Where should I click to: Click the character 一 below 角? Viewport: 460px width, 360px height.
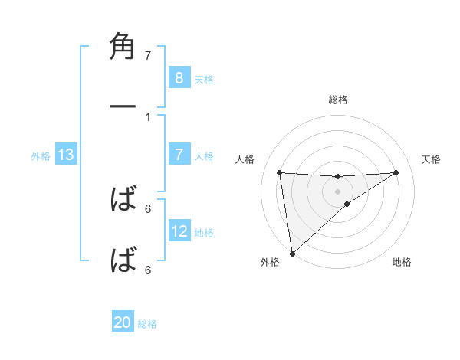[x=123, y=107]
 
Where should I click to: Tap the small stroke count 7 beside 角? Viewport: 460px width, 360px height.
[x=148, y=56]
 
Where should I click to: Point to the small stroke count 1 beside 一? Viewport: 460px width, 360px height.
[x=148, y=117]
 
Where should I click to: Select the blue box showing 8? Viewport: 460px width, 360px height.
[x=179, y=77]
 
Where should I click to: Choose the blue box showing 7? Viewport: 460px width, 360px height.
[x=179, y=155]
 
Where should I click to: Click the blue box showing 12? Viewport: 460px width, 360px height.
[x=179, y=232]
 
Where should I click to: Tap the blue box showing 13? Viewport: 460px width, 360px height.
[x=66, y=155]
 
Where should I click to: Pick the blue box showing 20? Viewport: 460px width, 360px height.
[x=123, y=323]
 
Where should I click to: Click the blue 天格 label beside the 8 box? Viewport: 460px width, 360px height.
[x=204, y=79]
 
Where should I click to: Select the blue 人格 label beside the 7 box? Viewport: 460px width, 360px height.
[x=204, y=156]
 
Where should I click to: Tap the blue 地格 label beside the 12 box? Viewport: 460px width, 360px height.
[x=204, y=233]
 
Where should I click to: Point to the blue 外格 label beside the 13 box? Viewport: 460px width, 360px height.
[x=41, y=156]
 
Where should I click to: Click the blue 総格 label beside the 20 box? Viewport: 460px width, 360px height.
[x=148, y=324]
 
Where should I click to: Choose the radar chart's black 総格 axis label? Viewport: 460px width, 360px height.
[x=338, y=100]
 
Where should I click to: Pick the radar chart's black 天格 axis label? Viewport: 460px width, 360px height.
[x=432, y=159]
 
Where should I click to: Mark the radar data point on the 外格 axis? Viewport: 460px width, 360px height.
[x=291, y=254]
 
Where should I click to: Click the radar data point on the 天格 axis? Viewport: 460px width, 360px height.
[x=396, y=172]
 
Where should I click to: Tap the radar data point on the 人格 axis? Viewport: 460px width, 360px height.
[x=280, y=172]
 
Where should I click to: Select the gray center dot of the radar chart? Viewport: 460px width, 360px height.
[x=338, y=191]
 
